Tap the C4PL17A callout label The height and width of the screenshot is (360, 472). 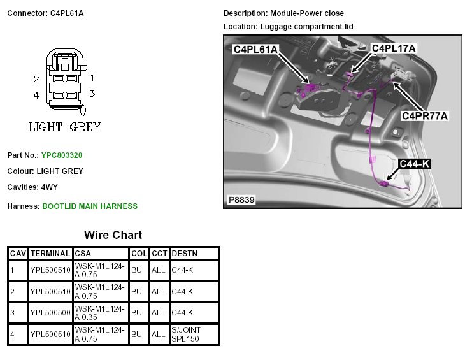tap(393, 48)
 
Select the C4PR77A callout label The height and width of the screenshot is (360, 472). tap(425, 115)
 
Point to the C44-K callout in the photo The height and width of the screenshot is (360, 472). tap(415, 164)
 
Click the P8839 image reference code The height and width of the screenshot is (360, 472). tap(241, 200)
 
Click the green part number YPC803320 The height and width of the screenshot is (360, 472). tap(62, 155)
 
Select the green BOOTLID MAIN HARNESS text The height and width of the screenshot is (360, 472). tap(89, 206)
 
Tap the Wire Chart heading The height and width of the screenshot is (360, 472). tap(113, 235)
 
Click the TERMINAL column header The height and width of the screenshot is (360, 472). tap(50, 253)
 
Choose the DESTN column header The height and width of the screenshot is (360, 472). tap(185, 253)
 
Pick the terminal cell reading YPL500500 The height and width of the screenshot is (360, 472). tap(50, 313)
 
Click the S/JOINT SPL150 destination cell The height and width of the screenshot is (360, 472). tap(187, 335)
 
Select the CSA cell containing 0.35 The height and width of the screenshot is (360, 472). tap(100, 313)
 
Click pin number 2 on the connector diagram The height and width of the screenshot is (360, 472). tap(36, 79)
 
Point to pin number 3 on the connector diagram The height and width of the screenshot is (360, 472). tap(92, 94)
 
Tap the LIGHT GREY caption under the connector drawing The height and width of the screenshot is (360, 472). tap(65, 127)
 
